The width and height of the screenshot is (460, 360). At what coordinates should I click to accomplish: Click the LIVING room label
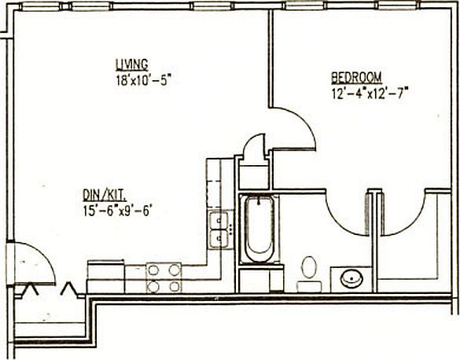tap(131, 64)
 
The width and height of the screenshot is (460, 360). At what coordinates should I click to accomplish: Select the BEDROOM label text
tap(356, 77)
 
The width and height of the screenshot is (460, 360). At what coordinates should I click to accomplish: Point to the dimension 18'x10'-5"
tap(142, 79)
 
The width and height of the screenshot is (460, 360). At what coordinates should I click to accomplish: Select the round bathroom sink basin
tap(350, 277)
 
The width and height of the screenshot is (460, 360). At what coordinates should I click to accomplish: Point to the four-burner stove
tap(164, 277)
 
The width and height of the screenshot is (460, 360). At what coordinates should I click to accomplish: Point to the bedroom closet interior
tap(414, 252)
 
